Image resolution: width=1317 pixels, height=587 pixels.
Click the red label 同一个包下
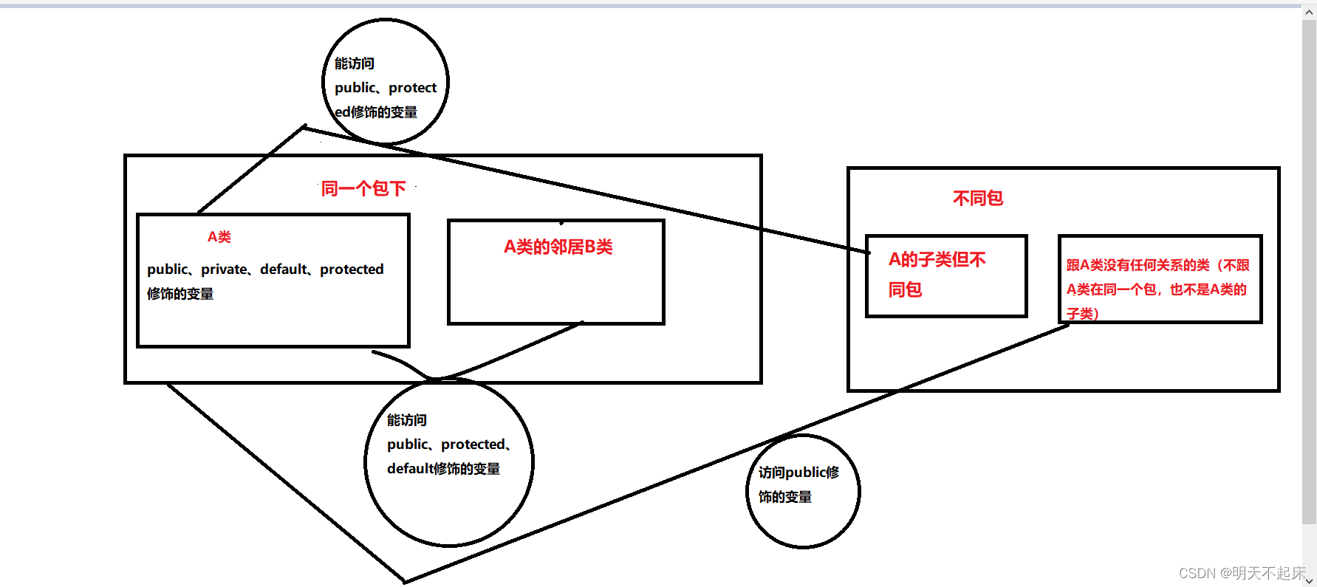point(363,189)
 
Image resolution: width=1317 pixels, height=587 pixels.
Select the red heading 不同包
point(977,198)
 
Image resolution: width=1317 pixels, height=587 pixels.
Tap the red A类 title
point(219,237)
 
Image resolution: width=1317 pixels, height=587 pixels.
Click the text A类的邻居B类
point(558,247)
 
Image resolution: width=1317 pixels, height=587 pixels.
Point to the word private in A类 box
point(224,270)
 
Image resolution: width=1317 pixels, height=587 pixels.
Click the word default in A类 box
point(283,270)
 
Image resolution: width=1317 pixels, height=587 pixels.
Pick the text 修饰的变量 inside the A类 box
point(180,294)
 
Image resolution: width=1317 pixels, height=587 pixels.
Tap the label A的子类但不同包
point(936,274)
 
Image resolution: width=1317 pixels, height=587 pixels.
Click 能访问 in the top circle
point(355,63)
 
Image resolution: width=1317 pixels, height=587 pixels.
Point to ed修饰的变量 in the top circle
point(376,112)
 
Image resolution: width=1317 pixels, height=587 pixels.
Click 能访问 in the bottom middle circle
point(407,420)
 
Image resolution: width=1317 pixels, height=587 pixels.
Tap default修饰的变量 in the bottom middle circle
point(443,469)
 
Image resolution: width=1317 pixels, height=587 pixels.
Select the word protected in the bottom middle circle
point(473,444)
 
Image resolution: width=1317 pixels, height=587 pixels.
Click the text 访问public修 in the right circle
point(798,473)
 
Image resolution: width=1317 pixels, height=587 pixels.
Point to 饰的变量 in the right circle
point(785,497)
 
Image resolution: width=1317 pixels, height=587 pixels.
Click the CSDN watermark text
point(1241,573)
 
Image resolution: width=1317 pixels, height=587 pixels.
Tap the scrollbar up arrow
point(1309,13)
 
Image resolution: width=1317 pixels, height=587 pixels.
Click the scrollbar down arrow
point(1309,580)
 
